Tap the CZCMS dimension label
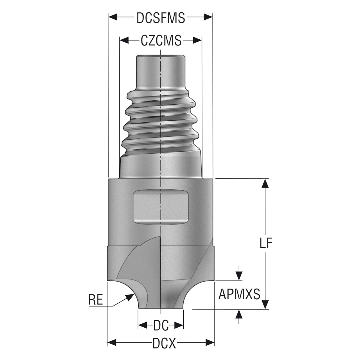pyautogui.click(x=161, y=40)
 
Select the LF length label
pyautogui.click(x=266, y=243)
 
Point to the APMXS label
pyautogui.click(x=239, y=294)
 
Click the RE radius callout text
pyautogui.click(x=96, y=300)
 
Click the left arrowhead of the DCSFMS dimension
pyautogui.click(x=113, y=17)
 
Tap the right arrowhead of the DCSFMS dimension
pyautogui.click(x=208, y=17)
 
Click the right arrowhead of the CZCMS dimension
pyautogui.click(x=197, y=40)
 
